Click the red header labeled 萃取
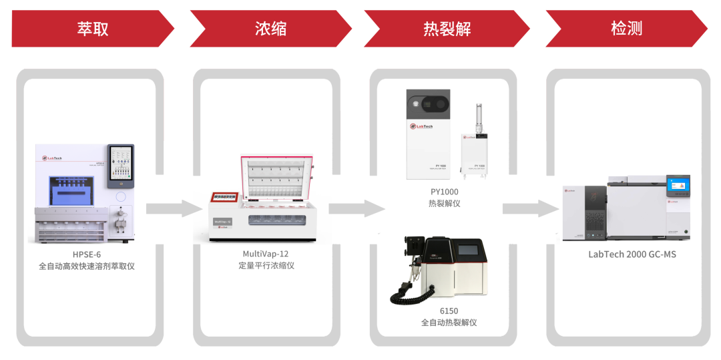[91, 29]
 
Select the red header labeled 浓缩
[270, 29]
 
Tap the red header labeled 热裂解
[446, 29]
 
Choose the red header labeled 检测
[626, 29]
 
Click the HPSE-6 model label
[87, 254]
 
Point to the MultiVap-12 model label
[266, 254]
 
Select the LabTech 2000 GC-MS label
[632, 254]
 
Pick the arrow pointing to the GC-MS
[531, 208]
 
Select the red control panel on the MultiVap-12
[226, 198]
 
